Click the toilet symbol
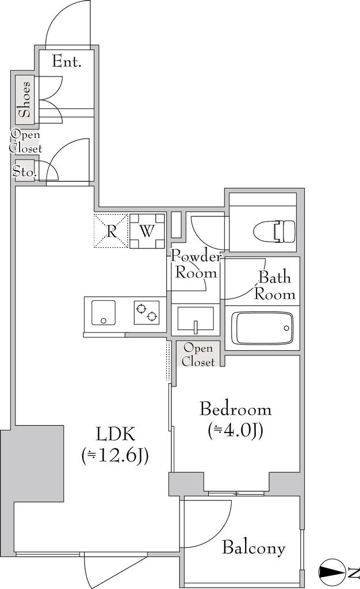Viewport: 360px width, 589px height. (x=275, y=231)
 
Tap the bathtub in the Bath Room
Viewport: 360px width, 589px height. (x=262, y=327)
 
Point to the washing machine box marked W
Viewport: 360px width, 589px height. (x=147, y=231)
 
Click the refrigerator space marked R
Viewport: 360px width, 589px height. (x=111, y=231)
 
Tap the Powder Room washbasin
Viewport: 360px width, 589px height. (x=195, y=320)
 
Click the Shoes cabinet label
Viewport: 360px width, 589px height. (x=25, y=100)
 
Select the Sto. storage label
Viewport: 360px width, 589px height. (x=25, y=172)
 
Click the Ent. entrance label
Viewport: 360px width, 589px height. (x=67, y=61)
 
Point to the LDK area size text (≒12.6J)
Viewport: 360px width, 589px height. (x=115, y=456)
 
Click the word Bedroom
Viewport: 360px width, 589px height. (x=235, y=409)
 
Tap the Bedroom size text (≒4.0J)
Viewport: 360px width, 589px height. (x=235, y=430)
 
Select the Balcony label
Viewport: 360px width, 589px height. (x=254, y=548)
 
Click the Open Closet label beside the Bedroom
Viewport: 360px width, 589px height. (x=198, y=355)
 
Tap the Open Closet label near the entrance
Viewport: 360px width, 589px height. (x=25, y=141)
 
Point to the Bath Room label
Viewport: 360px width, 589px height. (x=275, y=286)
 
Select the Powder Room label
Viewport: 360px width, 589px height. (x=196, y=265)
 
